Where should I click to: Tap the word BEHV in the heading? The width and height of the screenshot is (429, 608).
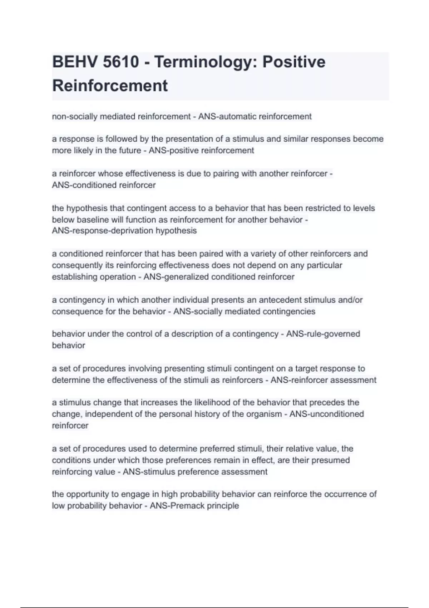tap(75, 62)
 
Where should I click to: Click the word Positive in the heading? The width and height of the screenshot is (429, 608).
tap(294, 62)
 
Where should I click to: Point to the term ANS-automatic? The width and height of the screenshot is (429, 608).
tap(227, 117)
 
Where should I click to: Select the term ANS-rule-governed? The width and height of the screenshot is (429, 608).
tap(323, 334)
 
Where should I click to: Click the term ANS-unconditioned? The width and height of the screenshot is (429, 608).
tap(327, 414)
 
